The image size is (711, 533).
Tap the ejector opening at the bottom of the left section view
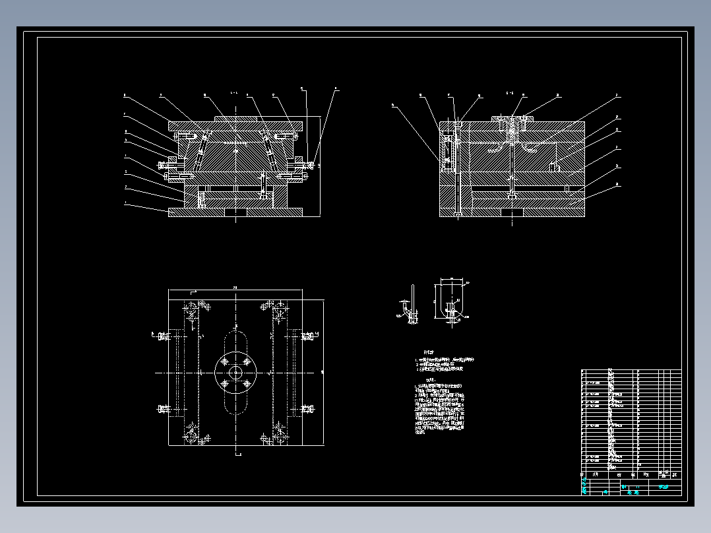pos(235,212)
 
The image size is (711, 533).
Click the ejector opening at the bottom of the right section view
pos(512,212)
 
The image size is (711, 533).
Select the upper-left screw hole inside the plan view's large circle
pos(225,362)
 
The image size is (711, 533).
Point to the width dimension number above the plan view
pos(235,288)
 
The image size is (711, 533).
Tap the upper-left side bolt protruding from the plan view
pos(162,336)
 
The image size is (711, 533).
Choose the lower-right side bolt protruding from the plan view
pos(307,410)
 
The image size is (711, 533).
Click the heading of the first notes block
pos(429,352)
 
